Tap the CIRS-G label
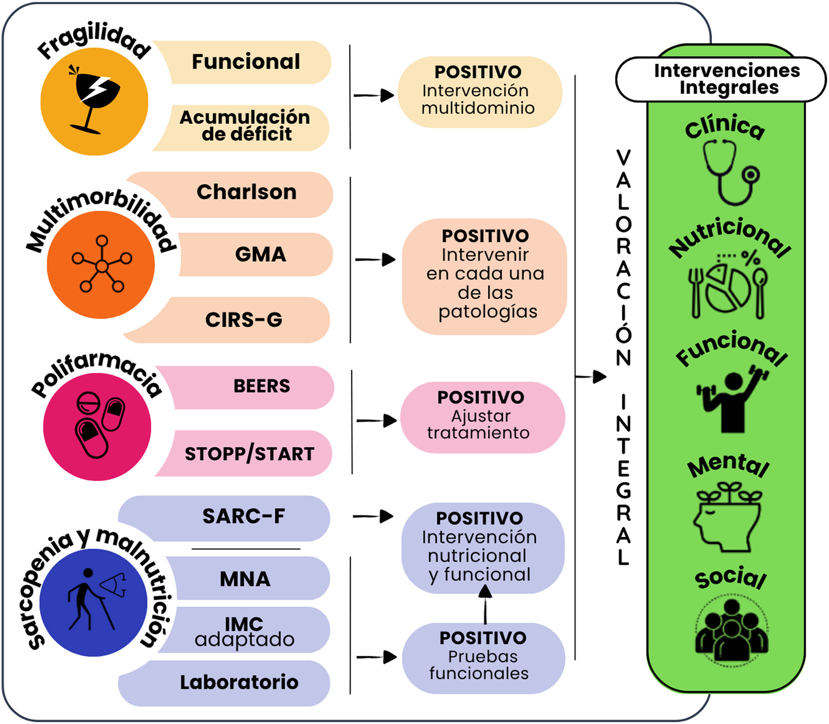click(x=243, y=320)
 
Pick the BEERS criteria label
click(x=262, y=386)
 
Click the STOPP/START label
click(x=249, y=454)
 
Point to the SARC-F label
click(x=243, y=516)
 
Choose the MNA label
click(x=245, y=579)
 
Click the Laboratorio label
click(x=239, y=682)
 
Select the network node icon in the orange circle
click(x=102, y=264)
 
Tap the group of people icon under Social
click(x=731, y=630)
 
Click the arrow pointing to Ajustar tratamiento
click(x=376, y=421)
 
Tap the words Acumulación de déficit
click(x=245, y=125)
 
